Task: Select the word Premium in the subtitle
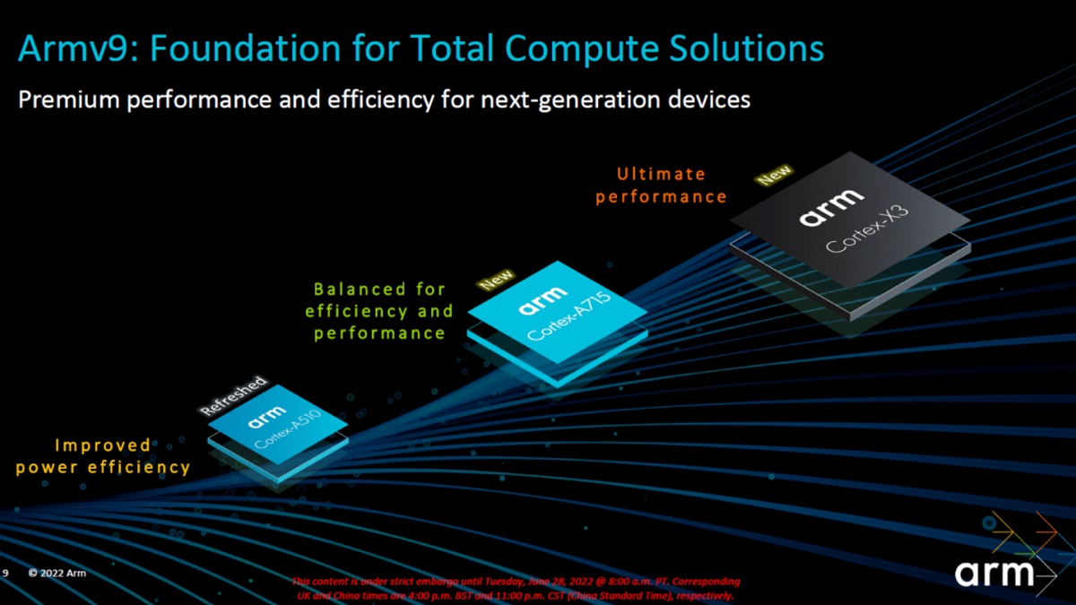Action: (68, 99)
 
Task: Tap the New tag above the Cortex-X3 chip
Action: (774, 175)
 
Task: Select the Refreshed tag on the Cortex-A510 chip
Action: (233, 395)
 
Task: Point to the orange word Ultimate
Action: (662, 174)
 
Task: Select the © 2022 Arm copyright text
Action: (57, 573)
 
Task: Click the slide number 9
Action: (6, 573)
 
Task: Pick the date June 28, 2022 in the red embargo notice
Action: (553, 581)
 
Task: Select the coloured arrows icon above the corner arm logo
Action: (1020, 536)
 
